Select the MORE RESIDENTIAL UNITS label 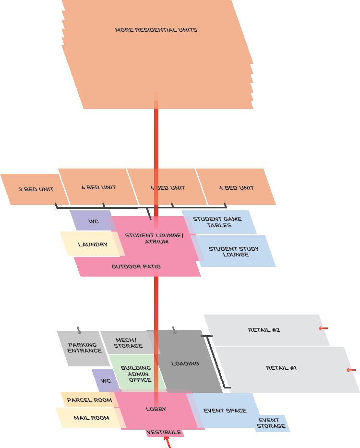[156, 30]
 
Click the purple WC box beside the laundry [92, 221]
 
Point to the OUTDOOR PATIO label [136, 266]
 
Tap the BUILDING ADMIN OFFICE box [136, 374]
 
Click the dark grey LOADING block [185, 363]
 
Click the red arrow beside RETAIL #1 [351, 370]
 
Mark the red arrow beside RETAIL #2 [324, 328]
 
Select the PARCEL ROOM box [89, 400]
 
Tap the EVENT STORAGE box [271, 423]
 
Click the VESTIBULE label [164, 432]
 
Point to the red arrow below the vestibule [168, 443]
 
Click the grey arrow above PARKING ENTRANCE [79, 330]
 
